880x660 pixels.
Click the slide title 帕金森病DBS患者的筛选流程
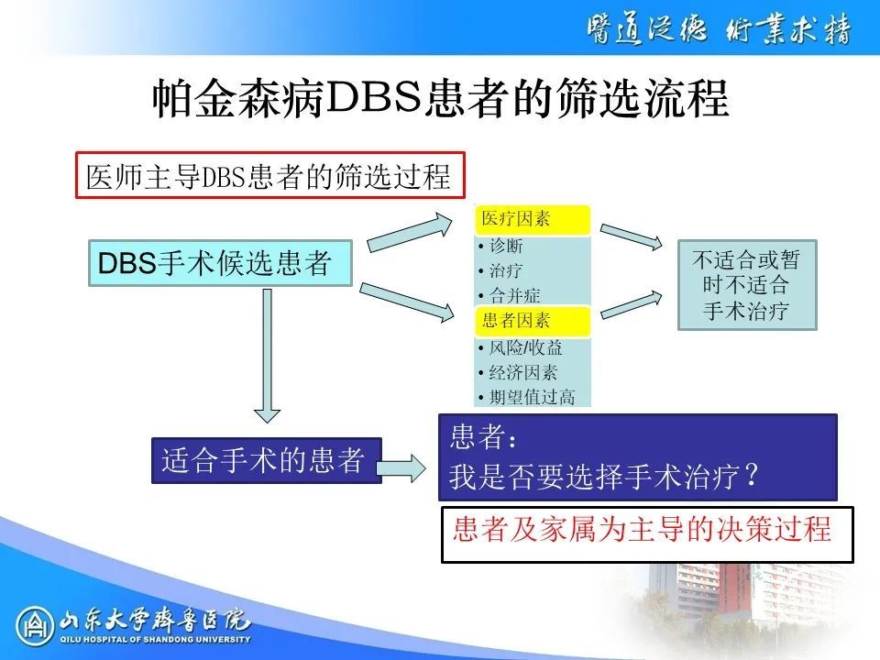(x=441, y=99)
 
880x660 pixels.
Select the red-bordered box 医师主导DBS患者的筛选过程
(x=270, y=175)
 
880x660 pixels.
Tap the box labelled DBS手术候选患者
(x=220, y=263)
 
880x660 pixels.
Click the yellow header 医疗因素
(x=532, y=219)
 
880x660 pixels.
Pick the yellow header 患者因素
(x=532, y=321)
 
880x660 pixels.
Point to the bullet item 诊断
(x=501, y=246)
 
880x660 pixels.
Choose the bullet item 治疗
(x=501, y=270)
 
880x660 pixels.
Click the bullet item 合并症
(x=510, y=295)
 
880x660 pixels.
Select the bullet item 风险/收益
(x=521, y=348)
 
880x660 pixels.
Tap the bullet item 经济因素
(x=518, y=373)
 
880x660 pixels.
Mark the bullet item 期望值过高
(x=526, y=397)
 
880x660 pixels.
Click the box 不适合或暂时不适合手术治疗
(x=747, y=285)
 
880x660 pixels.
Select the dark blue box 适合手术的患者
(x=267, y=460)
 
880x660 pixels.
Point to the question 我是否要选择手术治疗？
(x=604, y=477)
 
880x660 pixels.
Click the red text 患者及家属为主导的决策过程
(x=642, y=529)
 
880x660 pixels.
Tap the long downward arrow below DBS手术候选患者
(x=267, y=356)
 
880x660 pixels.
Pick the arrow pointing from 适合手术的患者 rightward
(x=401, y=468)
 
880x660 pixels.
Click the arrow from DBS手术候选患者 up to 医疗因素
(x=411, y=233)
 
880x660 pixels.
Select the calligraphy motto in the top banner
(x=719, y=28)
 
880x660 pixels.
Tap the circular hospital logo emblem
(x=35, y=626)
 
